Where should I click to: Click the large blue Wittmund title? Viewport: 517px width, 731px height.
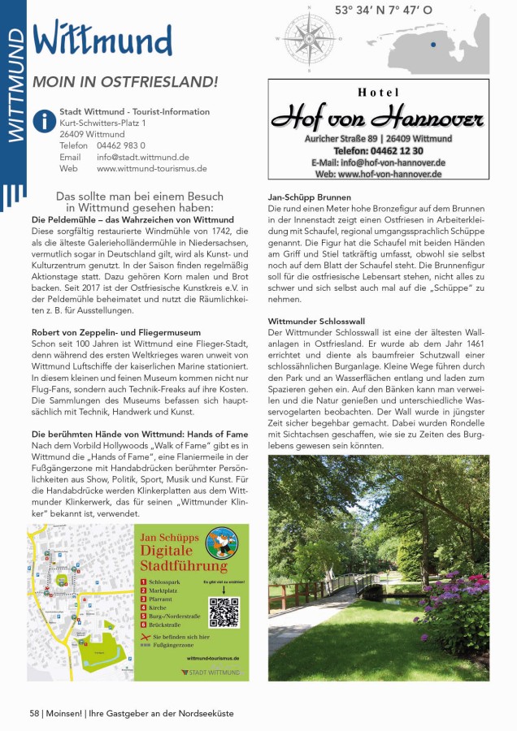(102, 39)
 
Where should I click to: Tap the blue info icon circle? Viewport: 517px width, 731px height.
(43, 120)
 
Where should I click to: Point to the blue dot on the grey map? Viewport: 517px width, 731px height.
(433, 45)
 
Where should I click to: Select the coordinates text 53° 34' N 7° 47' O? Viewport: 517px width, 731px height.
(384, 11)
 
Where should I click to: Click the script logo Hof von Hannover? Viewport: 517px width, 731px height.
(378, 119)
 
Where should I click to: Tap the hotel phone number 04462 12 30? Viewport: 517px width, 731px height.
(378, 150)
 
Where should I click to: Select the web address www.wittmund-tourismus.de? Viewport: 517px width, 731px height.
(152, 169)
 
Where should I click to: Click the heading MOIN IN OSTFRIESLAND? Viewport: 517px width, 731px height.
(125, 82)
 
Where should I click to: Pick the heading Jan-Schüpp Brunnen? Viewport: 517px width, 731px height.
(309, 197)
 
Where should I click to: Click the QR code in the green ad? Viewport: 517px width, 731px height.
(224, 612)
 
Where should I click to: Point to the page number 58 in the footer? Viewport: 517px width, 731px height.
(35, 712)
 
